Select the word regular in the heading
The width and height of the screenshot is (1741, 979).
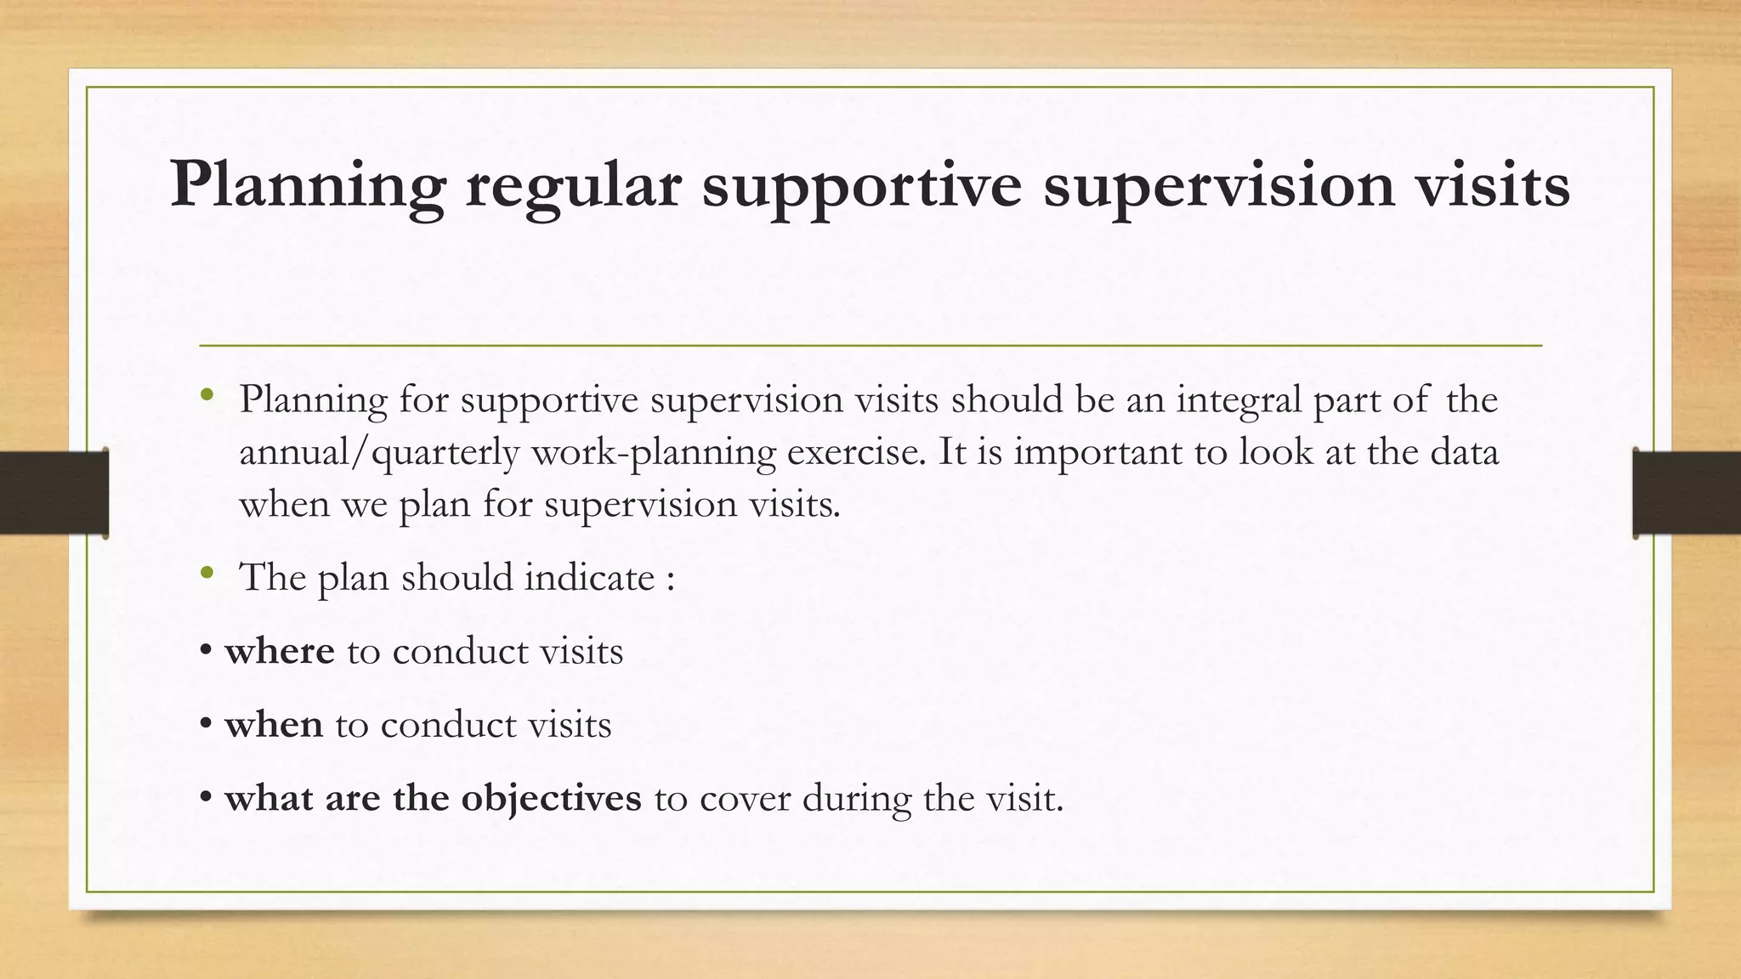tap(573, 184)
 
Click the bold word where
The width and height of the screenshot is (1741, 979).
tap(280, 651)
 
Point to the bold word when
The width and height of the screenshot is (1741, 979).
tap(274, 725)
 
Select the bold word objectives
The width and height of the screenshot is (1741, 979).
tap(551, 798)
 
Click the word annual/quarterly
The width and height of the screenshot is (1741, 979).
tap(378, 452)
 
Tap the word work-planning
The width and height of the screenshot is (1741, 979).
tap(653, 452)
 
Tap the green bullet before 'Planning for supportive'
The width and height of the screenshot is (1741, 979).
tap(207, 395)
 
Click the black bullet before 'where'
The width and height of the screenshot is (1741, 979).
tap(206, 652)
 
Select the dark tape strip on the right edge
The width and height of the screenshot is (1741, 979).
tap(1687, 493)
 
